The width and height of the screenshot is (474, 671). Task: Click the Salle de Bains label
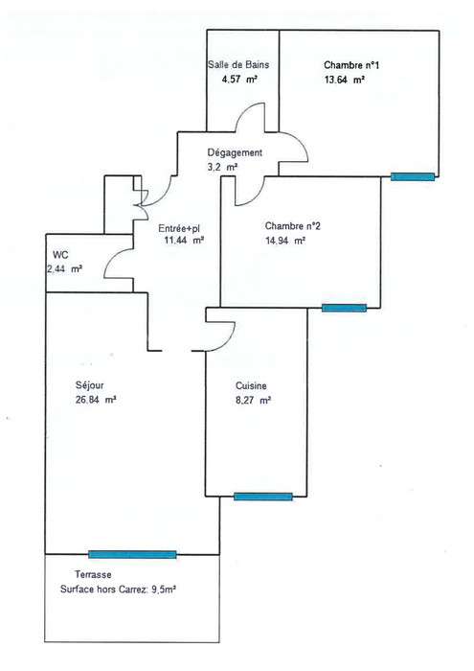click(x=238, y=65)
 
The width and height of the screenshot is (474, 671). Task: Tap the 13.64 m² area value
click(x=345, y=80)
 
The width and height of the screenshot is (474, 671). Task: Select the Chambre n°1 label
click(x=351, y=65)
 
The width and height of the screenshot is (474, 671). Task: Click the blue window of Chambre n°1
click(x=413, y=176)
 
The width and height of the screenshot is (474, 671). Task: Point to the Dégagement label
click(x=235, y=152)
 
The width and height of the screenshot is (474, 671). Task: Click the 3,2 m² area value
click(x=222, y=168)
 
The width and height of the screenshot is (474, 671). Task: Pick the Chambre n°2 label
click(x=293, y=226)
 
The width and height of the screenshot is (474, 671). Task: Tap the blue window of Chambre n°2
click(x=344, y=308)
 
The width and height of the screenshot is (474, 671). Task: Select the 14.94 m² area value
click(x=285, y=241)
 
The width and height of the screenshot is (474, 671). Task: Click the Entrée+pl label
click(x=179, y=228)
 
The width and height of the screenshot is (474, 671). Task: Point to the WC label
click(x=60, y=256)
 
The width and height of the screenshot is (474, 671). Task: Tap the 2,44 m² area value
click(x=64, y=269)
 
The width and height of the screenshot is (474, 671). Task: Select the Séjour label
click(x=90, y=385)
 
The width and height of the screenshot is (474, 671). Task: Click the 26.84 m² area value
click(x=96, y=400)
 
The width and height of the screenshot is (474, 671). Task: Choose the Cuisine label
click(x=251, y=386)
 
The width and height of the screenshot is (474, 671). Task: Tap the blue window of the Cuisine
click(x=263, y=497)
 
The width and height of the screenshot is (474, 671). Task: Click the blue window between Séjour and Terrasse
click(x=132, y=555)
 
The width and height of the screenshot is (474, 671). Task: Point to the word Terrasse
click(x=93, y=575)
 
